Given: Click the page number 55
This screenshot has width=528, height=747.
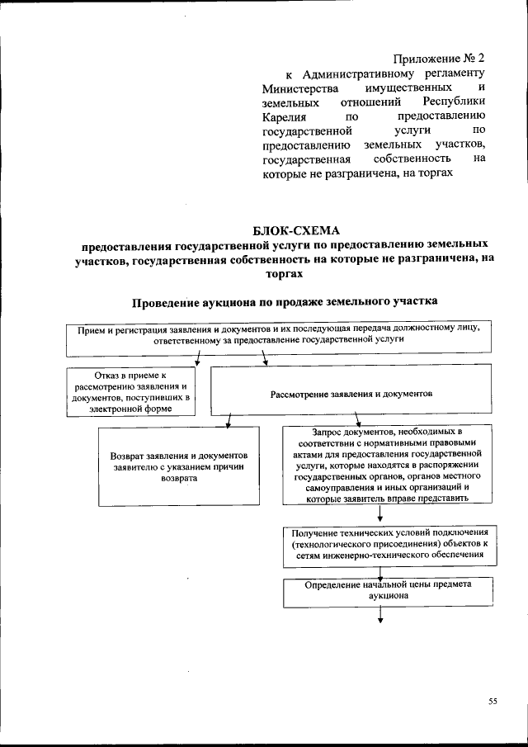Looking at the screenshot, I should (493, 702).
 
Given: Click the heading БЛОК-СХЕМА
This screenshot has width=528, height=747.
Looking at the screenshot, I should (296, 229).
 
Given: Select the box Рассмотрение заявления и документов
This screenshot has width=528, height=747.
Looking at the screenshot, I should (351, 394).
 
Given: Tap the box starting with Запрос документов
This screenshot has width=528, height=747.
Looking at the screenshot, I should (379, 464).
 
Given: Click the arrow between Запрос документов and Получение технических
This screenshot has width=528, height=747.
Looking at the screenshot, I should (379, 513).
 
